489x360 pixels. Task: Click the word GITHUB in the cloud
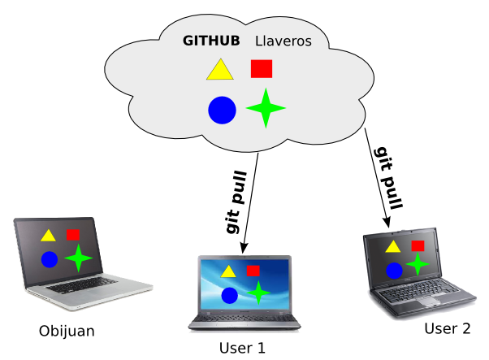tap(212, 41)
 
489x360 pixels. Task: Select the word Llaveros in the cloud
tap(283, 41)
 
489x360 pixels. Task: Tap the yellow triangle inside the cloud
tap(219, 71)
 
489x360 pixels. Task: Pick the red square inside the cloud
tap(262, 69)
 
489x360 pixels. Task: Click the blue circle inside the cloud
tap(222, 110)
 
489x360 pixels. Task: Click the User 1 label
tap(242, 349)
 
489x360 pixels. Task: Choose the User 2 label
tap(448, 329)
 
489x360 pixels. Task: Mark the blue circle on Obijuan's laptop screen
tap(50, 259)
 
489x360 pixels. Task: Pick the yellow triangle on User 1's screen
tap(228, 271)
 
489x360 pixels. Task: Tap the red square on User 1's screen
tap(253, 270)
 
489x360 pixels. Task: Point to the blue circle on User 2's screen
tap(395, 271)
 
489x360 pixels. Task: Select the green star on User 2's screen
tap(418, 264)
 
